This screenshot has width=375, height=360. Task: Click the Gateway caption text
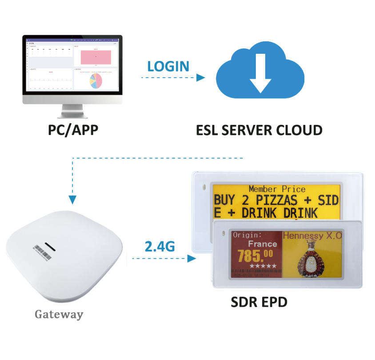pyautogui.click(x=59, y=314)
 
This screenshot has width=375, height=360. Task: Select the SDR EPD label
pyautogui.click(x=259, y=302)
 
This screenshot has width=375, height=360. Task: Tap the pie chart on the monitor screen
pyautogui.click(x=96, y=80)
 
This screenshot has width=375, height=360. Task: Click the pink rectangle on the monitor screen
pyautogui.click(x=96, y=56)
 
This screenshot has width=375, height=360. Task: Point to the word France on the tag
pyautogui.click(x=262, y=244)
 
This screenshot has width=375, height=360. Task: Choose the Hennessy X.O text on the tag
pyautogui.click(x=312, y=236)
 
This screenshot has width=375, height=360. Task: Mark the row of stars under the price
pyautogui.click(x=262, y=266)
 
